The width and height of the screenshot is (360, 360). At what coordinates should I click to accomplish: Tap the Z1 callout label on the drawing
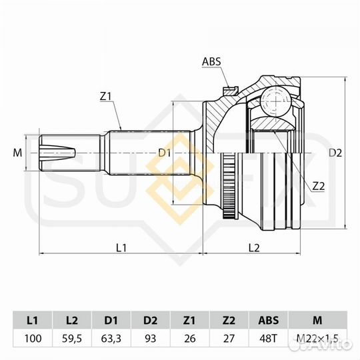tap(105, 97)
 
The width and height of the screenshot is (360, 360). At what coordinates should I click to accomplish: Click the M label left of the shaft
tap(17, 153)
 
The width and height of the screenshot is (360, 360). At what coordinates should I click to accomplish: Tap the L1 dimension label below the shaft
tap(121, 248)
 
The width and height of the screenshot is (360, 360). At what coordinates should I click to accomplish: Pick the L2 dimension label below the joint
tap(253, 248)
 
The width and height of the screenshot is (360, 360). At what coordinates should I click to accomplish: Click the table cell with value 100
tap(33, 339)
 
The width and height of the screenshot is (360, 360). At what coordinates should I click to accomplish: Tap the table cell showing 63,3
tap(111, 339)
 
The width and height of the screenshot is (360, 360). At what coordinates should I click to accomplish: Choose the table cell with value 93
tap(151, 339)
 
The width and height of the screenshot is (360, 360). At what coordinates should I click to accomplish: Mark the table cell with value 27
tap(229, 339)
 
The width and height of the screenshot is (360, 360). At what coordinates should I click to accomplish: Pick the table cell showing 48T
tap(269, 339)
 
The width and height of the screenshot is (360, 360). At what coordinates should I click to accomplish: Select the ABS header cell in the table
tap(269, 319)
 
